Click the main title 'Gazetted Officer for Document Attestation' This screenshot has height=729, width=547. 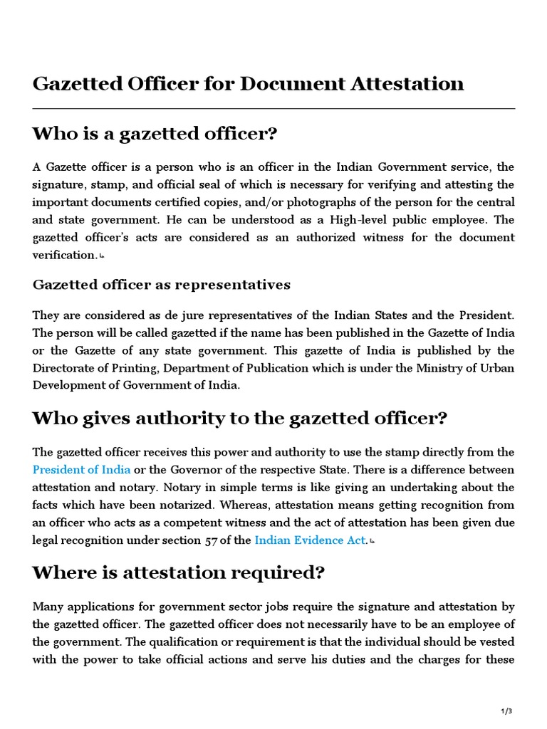click(x=248, y=84)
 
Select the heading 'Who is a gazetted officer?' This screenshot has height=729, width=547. click(x=154, y=134)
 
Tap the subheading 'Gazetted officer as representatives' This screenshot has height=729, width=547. click(x=161, y=285)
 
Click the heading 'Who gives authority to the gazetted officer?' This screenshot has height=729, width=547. click(x=239, y=419)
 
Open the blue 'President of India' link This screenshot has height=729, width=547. click(x=81, y=470)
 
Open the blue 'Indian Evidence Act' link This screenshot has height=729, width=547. click(x=310, y=540)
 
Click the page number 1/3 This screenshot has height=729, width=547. click(x=506, y=711)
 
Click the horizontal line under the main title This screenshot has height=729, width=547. click(x=273, y=108)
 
